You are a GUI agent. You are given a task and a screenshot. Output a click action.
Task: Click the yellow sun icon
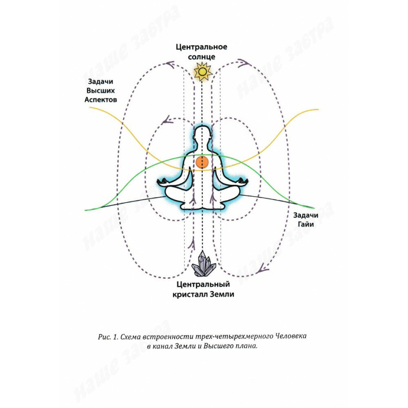click(202, 72)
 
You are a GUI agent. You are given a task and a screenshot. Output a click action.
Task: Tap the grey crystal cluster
click(203, 264)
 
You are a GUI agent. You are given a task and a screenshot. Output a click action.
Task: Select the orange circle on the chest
click(202, 162)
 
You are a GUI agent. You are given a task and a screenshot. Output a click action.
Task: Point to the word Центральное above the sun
click(202, 47)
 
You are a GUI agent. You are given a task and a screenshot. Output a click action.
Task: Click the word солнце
click(202, 57)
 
